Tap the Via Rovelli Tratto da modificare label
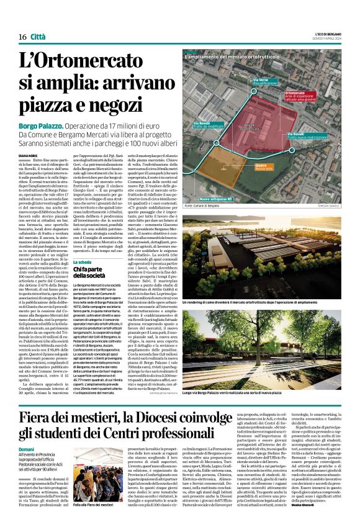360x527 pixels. [x=209, y=124]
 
